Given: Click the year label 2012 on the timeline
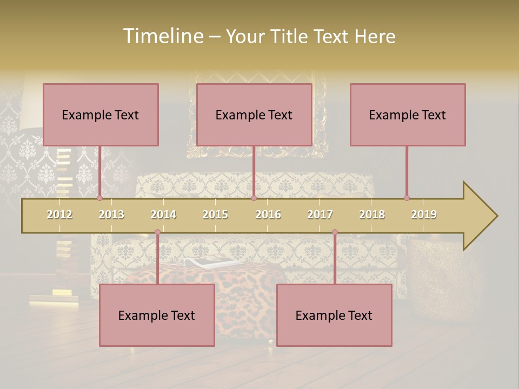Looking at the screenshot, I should (x=59, y=214).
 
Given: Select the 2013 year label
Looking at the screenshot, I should (x=111, y=214).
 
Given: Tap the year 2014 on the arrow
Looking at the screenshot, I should (x=163, y=214).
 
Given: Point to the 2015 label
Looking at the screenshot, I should (x=215, y=214).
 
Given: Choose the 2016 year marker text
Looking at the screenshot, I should (x=268, y=214).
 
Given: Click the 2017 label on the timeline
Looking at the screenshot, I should (x=320, y=214).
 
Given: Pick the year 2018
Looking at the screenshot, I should (x=372, y=214).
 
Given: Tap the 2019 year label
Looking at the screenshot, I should (x=424, y=214).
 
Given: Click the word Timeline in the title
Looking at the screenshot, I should (x=163, y=36).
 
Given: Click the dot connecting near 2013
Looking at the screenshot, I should (x=99, y=198).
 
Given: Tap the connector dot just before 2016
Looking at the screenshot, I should (x=254, y=198).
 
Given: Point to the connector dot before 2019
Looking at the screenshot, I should (x=407, y=198).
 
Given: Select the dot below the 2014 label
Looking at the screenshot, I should (x=157, y=232).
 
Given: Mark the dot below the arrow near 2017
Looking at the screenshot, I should (x=335, y=232).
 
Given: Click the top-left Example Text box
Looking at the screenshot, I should (x=101, y=115).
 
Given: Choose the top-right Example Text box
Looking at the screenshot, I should (x=408, y=115).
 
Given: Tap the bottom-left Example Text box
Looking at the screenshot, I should (x=157, y=315).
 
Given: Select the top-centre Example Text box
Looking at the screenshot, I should (x=254, y=115).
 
